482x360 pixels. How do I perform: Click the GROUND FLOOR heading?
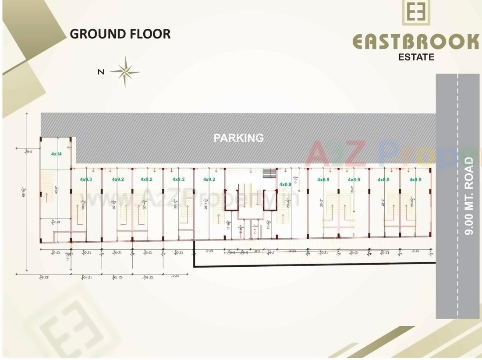click(120, 34)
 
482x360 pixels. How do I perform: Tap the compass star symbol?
click(126, 72)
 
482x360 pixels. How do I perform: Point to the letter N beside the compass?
click(101, 72)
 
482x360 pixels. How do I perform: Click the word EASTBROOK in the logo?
click(416, 42)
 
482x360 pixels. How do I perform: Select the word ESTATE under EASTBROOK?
click(416, 57)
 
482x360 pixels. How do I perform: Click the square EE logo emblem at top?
click(416, 12)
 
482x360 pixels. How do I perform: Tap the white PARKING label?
click(239, 138)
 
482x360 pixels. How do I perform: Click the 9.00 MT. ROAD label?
click(470, 196)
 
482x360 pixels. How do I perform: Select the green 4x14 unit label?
click(57, 154)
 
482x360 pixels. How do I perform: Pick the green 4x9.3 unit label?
click(86, 180)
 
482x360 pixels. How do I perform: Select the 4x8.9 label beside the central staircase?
click(285, 184)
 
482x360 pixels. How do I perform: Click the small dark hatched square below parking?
click(267, 173)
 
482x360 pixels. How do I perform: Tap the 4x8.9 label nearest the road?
click(415, 180)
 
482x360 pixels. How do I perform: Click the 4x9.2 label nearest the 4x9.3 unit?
click(118, 180)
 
